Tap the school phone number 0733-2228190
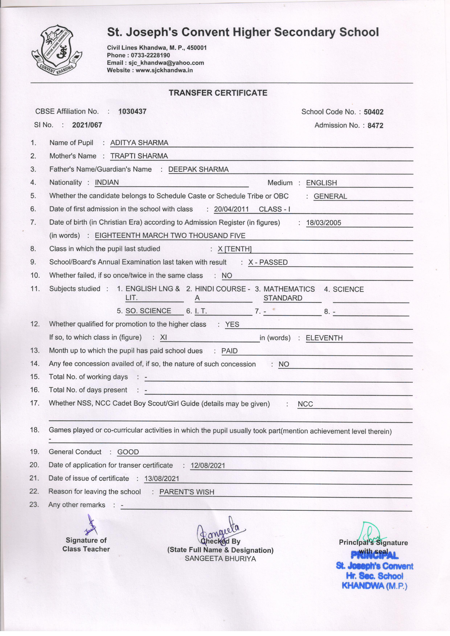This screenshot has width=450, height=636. point(150,55)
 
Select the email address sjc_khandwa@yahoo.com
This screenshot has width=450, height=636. point(166,63)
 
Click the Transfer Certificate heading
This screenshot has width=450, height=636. point(218,93)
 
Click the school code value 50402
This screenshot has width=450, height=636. point(374,112)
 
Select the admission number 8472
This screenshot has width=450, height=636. point(375,125)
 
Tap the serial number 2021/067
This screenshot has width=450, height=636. point(87,125)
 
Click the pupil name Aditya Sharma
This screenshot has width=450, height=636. point(139,143)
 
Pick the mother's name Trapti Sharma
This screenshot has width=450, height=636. point(139,156)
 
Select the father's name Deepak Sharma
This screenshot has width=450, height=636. point(198,170)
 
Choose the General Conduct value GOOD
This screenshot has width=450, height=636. point(128,452)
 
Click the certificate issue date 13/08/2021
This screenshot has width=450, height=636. point(162,479)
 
